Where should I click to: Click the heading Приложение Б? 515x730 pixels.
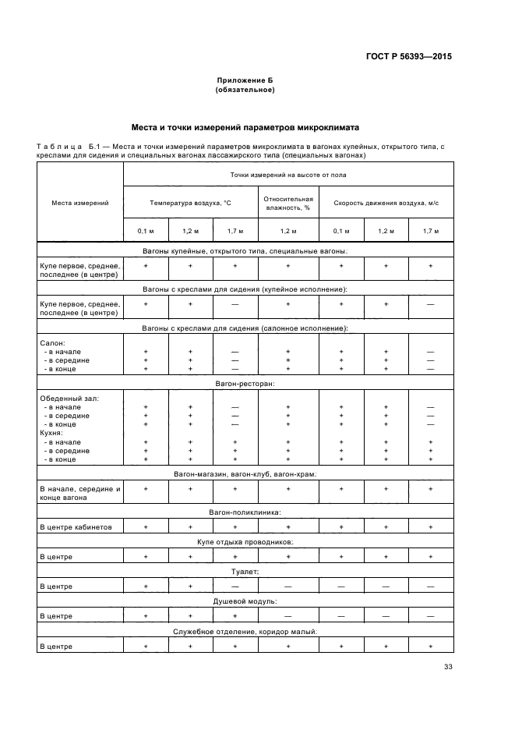click(x=245, y=80)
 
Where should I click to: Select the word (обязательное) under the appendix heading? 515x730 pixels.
click(x=245, y=90)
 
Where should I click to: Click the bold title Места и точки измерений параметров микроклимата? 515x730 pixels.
click(x=245, y=127)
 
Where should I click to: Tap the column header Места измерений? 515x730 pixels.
click(x=80, y=203)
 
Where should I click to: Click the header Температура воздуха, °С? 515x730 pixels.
click(x=191, y=203)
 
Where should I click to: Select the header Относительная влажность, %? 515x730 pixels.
click(x=288, y=203)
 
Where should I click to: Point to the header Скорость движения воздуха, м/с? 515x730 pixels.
click(x=386, y=203)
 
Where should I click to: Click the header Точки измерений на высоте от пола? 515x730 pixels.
click(x=288, y=175)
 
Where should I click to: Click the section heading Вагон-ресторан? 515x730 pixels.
click(x=245, y=384)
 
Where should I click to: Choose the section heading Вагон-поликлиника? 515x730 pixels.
click(x=245, y=512)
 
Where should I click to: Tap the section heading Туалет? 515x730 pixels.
click(x=245, y=572)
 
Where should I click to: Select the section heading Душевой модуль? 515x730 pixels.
click(x=245, y=601)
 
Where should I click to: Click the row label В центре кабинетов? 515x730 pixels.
click(x=76, y=527)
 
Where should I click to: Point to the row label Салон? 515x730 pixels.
click(x=52, y=342)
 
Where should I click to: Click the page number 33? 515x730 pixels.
click(x=447, y=666)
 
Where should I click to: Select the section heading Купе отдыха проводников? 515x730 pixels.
click(x=245, y=542)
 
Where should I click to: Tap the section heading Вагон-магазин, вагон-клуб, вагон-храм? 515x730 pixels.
click(x=245, y=473)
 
